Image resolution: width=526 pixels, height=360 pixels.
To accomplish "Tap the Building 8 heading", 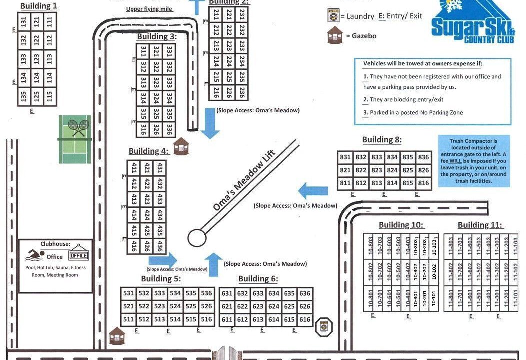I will [382, 140].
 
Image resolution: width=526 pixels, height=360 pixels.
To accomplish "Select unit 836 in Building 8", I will [424, 157].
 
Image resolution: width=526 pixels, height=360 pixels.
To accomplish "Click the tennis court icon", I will [75, 139].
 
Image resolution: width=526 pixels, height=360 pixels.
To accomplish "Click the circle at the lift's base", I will [196, 238].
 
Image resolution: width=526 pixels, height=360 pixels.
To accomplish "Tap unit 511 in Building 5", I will [129, 319].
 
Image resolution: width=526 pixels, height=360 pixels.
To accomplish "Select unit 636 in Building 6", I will [305, 294].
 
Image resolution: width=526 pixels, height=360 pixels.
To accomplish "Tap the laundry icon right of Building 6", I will [325, 325].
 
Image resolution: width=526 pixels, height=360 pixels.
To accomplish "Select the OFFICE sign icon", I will [78, 255].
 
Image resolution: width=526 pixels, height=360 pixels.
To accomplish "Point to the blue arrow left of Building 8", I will [313, 190].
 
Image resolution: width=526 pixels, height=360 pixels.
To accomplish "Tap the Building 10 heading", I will [401, 225].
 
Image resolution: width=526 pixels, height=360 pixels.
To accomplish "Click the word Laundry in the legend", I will [360, 16].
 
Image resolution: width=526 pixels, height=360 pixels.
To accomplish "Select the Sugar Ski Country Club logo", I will [473, 22].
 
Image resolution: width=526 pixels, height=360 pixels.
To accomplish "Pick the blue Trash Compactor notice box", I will [474, 161].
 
